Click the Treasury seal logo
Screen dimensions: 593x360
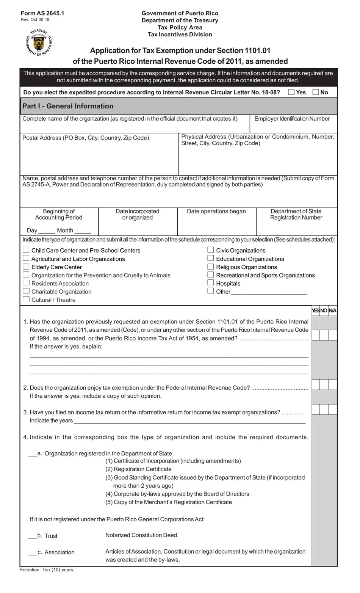[39, 42]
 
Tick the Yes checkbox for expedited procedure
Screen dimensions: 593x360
[291, 92]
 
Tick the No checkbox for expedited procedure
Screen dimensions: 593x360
[316, 92]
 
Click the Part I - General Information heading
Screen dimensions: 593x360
[68, 106]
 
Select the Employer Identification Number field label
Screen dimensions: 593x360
[292, 119]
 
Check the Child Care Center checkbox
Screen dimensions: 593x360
[26, 250]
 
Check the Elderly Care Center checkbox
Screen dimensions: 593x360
[26, 267]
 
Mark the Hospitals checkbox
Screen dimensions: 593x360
[211, 283]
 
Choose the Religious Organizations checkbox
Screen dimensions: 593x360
[211, 267]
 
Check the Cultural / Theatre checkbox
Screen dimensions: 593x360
[26, 300]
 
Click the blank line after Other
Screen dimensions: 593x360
[269, 293]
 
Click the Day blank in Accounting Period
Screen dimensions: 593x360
[46, 231]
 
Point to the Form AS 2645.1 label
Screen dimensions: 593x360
[42, 13]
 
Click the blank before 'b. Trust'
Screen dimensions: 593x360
[33, 537]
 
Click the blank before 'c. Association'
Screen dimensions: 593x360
[33, 553]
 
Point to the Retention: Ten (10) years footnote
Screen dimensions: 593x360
[47, 569]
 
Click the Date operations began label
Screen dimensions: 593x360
[216, 212]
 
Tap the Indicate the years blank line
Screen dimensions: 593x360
[189, 421]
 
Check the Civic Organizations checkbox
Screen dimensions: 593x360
[211, 250]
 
